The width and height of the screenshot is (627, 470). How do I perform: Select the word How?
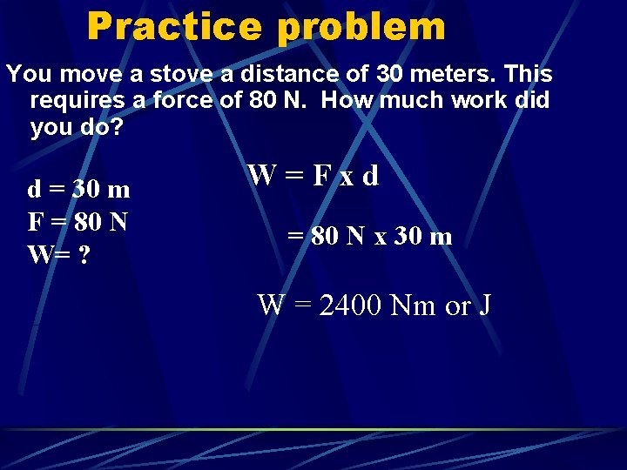[x=349, y=100]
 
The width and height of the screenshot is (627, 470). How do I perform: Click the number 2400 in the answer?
[x=352, y=305]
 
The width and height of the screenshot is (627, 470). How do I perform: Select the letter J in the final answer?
[x=485, y=305]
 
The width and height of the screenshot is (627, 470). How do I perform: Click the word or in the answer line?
[x=457, y=306]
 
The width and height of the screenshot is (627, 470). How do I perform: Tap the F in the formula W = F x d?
[x=320, y=176]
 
